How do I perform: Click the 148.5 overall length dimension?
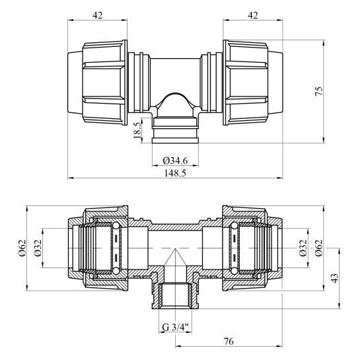click(175, 173)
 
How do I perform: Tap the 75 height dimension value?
click(319, 91)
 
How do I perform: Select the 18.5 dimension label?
click(137, 130)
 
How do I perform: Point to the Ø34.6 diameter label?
click(175, 161)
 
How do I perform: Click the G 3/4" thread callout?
click(175, 327)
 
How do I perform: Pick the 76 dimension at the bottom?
click(229, 341)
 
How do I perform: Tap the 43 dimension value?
click(335, 278)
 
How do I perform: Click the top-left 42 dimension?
click(97, 15)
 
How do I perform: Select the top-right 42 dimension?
click(253, 15)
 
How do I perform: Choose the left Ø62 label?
click(22, 248)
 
